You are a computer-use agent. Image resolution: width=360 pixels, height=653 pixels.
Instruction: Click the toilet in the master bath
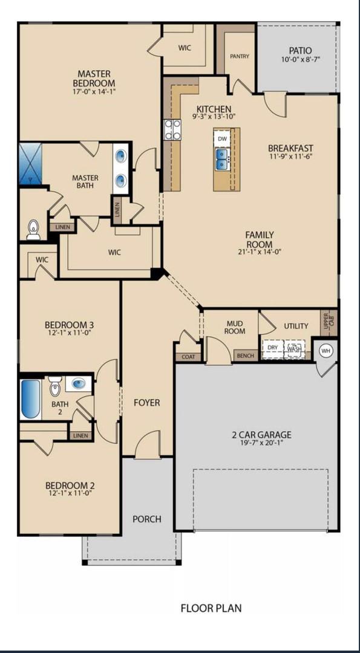(x=34, y=229)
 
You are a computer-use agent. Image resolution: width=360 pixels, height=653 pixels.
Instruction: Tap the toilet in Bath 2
(x=55, y=385)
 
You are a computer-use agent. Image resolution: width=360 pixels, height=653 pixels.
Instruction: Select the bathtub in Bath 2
(x=31, y=398)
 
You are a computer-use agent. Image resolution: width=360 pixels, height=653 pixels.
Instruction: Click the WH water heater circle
(x=326, y=351)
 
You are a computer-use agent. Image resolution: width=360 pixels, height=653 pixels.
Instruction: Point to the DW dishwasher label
(x=222, y=138)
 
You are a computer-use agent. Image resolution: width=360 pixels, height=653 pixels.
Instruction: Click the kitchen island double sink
(x=222, y=159)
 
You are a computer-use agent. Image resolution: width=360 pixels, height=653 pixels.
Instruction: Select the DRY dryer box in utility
(x=273, y=348)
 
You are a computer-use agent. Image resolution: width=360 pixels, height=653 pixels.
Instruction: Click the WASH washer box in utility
(x=294, y=349)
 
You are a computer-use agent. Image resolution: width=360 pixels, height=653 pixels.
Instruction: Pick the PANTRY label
(x=240, y=56)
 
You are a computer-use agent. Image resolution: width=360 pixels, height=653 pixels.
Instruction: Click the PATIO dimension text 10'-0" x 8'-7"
(x=300, y=60)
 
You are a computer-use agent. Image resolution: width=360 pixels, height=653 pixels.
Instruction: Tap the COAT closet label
(x=188, y=357)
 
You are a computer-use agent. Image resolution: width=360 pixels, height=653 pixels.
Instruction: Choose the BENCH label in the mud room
(x=245, y=356)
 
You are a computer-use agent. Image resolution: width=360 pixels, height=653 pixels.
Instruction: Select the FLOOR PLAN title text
(x=211, y=608)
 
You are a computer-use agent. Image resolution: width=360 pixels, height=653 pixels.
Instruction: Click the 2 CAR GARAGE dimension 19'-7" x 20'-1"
(x=261, y=444)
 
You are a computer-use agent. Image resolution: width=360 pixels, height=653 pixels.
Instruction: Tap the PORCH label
(x=147, y=519)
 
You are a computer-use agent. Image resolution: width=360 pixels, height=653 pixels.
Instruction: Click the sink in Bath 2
(x=79, y=383)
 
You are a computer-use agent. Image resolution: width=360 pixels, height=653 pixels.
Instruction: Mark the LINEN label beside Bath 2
(x=80, y=435)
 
